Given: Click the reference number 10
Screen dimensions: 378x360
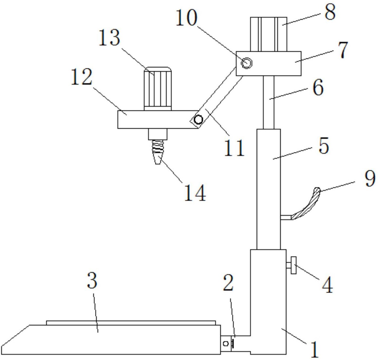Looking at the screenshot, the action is [187, 18].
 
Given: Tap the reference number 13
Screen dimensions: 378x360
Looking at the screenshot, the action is [109, 37].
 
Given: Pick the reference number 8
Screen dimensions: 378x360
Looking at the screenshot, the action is [330, 12].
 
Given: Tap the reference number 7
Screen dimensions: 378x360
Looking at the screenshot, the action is [343, 50].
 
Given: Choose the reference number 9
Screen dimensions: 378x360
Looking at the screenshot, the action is [370, 179].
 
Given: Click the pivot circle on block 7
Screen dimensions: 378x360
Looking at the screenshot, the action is [246, 63].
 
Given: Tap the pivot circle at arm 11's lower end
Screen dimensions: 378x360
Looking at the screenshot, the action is [198, 120].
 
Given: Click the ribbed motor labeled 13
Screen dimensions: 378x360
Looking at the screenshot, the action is [158, 89].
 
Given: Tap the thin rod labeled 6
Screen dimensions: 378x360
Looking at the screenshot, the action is [269, 102].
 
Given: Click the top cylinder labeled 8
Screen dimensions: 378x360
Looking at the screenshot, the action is [269, 34].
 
